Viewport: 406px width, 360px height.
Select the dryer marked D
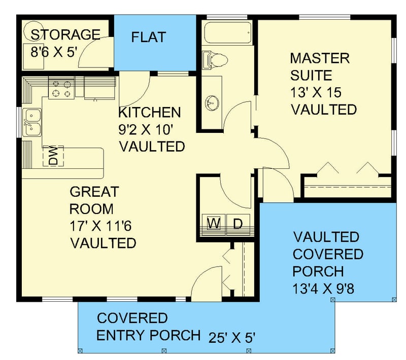click(238, 224)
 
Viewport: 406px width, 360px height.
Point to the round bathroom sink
click(213, 103)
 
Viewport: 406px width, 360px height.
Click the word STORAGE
click(65, 35)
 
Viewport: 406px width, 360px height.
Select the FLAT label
click(148, 38)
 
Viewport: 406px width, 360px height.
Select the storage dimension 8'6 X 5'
click(53, 51)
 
